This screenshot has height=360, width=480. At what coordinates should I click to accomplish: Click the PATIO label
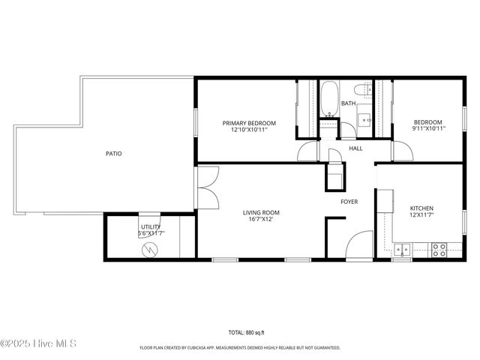pos(113,153)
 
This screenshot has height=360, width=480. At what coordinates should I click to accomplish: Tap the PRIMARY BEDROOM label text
pos(249,123)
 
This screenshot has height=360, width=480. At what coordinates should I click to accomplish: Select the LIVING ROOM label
pos(260,212)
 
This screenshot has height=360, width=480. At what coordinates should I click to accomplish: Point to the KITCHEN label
pos(421,208)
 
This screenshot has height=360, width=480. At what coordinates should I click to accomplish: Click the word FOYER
pos(349,202)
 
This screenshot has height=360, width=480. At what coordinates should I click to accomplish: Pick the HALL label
pos(355,148)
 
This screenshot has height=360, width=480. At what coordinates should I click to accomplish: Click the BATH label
pos(349,103)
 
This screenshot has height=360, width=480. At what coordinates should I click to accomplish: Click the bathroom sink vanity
pos(364,118)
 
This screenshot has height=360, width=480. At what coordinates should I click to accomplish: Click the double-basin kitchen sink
pos(403,249)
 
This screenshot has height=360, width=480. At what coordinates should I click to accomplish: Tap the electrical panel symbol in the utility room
pos(150,248)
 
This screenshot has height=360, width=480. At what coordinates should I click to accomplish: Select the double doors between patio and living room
pos(206,187)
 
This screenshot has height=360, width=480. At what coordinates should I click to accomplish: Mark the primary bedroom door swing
pos(308,152)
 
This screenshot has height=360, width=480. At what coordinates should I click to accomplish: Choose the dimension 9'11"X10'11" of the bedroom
pos(429,129)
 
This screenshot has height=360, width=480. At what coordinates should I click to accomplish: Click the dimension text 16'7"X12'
pos(260,219)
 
